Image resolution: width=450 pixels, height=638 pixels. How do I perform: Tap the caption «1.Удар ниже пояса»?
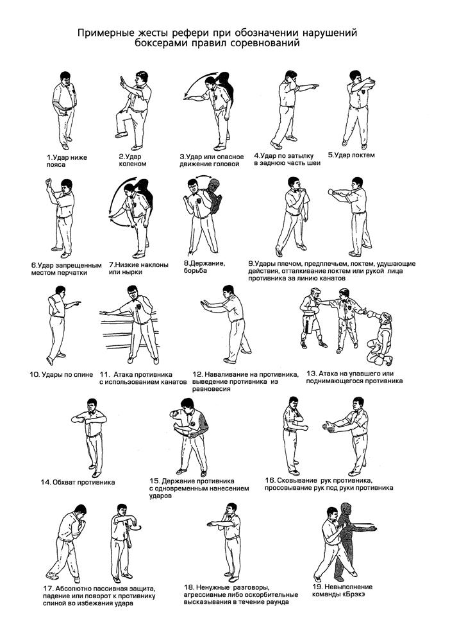(x=67, y=161)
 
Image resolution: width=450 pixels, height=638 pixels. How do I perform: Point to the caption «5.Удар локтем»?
(x=351, y=155)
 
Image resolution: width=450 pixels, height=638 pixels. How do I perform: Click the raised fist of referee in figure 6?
(x=49, y=181)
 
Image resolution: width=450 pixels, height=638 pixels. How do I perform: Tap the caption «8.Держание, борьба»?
(x=204, y=267)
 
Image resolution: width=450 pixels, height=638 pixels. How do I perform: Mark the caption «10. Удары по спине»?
(x=61, y=375)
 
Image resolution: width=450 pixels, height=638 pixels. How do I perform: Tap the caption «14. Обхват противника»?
(x=78, y=483)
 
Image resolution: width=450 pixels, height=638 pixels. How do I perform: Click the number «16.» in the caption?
(x=271, y=480)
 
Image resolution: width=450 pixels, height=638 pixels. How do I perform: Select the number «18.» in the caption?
(x=189, y=587)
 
